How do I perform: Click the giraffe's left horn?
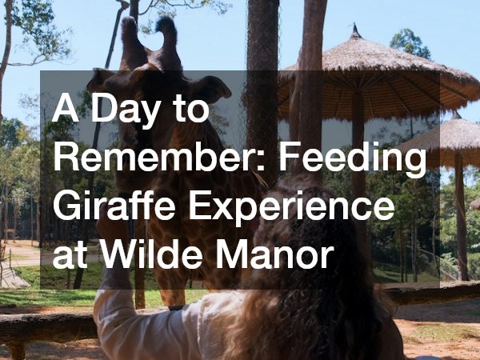coord(130,36)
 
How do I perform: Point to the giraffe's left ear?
coord(102,78)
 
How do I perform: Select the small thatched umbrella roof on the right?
coord(448,132)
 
